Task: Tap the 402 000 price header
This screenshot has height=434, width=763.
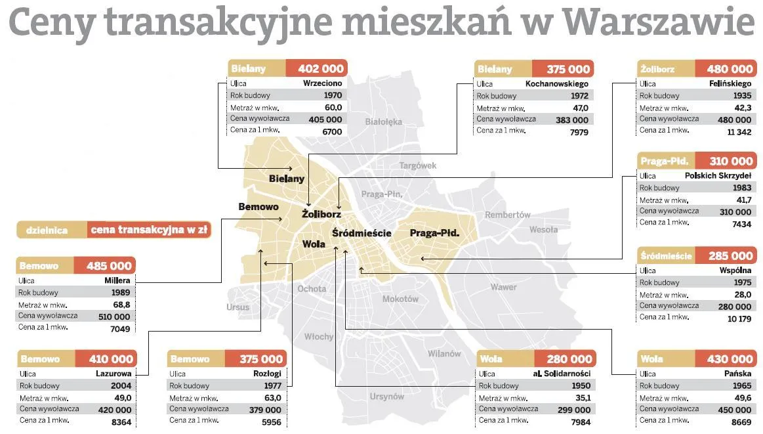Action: pyautogui.click(x=321, y=69)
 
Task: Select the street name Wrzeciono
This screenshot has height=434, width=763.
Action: pyautogui.click(x=322, y=84)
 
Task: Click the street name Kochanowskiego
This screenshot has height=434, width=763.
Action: pyautogui.click(x=557, y=84)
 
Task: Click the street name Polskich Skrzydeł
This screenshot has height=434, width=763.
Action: pyautogui.click(x=718, y=176)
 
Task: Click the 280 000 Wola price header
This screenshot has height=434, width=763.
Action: pyautogui.click(x=569, y=359)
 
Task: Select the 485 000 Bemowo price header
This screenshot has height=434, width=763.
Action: pyautogui.click(x=109, y=266)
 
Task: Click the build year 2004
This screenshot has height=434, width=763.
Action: pyautogui.click(x=121, y=386)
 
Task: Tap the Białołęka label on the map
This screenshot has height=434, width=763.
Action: pyautogui.click(x=383, y=121)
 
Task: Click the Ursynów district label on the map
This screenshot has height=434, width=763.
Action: pyautogui.click(x=386, y=397)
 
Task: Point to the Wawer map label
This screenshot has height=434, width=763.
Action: pyautogui.click(x=503, y=287)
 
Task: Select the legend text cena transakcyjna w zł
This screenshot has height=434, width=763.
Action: pyautogui.click(x=149, y=230)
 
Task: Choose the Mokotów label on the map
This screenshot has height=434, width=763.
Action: pyautogui.click(x=400, y=299)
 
